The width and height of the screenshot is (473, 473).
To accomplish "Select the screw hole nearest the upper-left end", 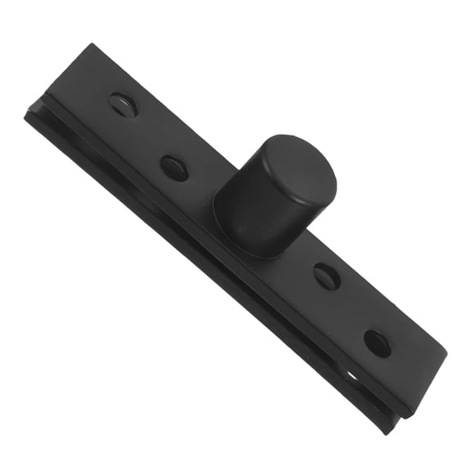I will [122, 104].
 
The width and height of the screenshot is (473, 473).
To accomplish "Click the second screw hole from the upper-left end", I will [174, 168].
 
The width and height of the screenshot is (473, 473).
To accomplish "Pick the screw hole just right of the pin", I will [327, 276].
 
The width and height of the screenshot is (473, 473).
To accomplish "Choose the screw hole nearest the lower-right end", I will [378, 342].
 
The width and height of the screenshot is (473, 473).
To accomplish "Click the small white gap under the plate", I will [352, 375].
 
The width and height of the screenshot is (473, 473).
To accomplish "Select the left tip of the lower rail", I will [26, 116].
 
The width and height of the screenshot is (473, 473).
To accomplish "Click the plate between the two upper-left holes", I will [148, 135].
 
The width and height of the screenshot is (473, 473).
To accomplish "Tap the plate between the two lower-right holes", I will [353, 310].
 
